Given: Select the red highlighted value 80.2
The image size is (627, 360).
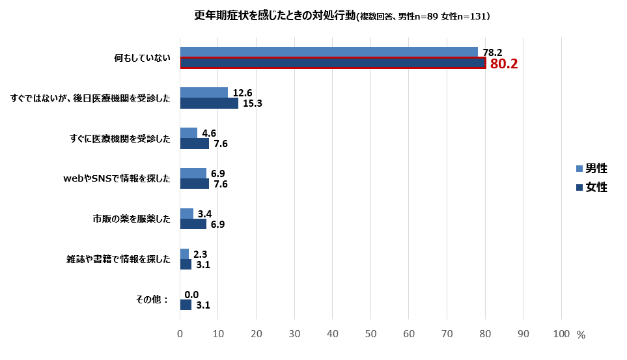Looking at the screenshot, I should [503, 64].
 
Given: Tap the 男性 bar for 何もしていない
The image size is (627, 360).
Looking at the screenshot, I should [329, 52].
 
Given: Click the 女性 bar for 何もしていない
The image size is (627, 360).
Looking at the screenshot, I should [332, 63].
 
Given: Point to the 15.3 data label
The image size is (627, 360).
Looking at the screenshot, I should [251, 104].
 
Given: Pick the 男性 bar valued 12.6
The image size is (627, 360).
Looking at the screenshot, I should [204, 92].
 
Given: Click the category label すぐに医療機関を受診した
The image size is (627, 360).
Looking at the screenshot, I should [120, 138].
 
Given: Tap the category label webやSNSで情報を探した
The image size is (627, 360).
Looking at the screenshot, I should [117, 178].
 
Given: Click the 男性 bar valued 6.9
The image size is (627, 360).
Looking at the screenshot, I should [193, 173].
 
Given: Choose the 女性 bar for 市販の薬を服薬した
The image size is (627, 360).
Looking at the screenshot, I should [193, 224].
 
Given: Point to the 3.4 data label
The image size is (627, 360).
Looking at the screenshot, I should [205, 214].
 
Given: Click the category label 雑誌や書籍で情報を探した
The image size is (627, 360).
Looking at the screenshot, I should [118, 259].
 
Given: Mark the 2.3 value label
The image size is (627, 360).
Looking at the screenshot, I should [201, 254].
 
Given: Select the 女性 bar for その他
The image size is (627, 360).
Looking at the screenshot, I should [186, 305].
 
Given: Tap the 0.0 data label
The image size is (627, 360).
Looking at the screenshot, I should [191, 294].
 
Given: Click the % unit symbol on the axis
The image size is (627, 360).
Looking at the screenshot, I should [581, 335].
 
